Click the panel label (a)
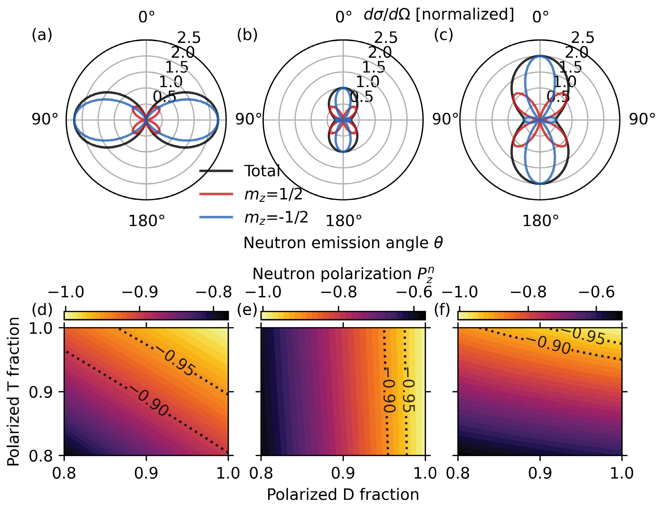42,35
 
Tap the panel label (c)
444,35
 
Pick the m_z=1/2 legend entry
273,194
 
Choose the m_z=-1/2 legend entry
276,217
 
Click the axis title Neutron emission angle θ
343,243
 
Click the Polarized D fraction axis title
343,494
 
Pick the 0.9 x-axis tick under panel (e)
343,473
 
